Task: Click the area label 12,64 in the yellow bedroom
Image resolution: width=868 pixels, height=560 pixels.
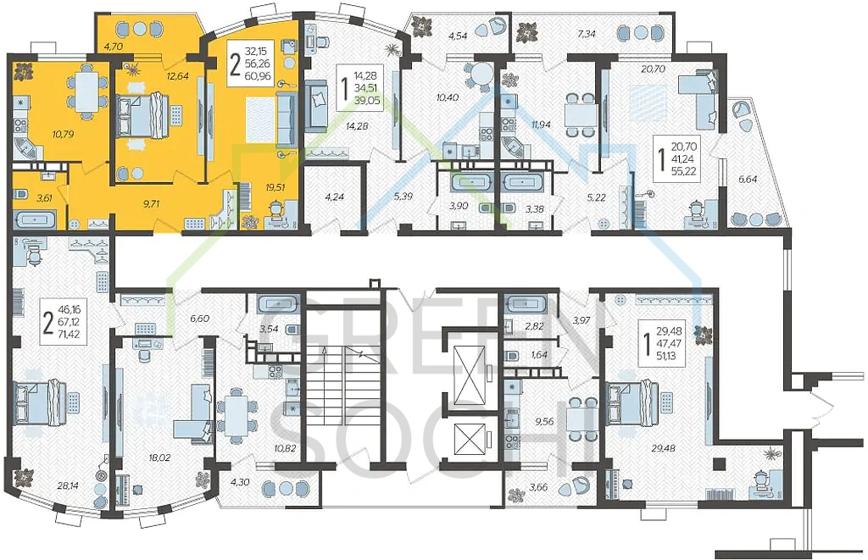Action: tap(178, 76)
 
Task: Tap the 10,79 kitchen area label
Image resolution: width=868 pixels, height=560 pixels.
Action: tap(63, 134)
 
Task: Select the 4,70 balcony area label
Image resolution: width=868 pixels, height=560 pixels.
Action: tap(113, 47)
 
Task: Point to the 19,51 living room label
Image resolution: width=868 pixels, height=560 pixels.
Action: tap(275, 187)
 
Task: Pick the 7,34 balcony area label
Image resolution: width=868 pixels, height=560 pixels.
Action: tap(587, 34)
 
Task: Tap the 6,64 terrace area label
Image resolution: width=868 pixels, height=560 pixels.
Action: tap(748, 179)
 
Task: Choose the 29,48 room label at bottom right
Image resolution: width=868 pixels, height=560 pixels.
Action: tap(663, 448)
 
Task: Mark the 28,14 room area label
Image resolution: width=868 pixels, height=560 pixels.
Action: tap(68, 485)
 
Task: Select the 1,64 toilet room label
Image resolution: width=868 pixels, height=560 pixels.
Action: tap(538, 355)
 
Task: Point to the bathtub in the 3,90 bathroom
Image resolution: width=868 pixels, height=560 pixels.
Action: tap(470, 182)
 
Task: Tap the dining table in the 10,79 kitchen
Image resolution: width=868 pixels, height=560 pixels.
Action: tap(87, 91)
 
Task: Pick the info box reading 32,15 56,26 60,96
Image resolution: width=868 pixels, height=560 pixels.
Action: tap(250, 64)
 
